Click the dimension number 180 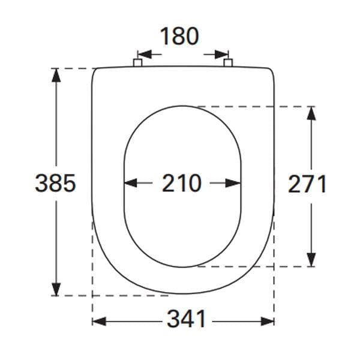(x=179, y=37)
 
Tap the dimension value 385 (x=55, y=183)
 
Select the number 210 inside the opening (x=181, y=183)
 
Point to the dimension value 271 (x=307, y=184)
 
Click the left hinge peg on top (x=137, y=63)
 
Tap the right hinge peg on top (x=227, y=63)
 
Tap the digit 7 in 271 (x=307, y=184)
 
